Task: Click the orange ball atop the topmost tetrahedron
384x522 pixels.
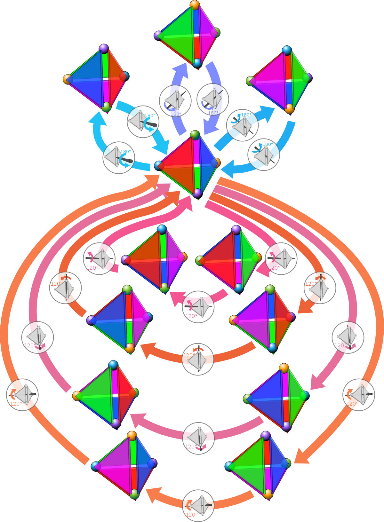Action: coord(195,5)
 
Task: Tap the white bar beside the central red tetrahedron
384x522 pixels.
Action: coord(212,189)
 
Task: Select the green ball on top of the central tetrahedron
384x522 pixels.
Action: coord(195,135)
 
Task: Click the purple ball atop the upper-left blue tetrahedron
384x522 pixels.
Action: coord(104,49)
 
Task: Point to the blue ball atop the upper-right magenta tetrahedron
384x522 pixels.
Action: coord(287,51)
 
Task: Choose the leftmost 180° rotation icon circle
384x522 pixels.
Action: coord(119,158)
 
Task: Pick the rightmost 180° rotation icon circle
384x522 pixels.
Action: coord(264,154)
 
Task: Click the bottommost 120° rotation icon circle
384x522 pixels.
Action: coord(198,505)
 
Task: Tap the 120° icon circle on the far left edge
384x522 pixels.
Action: coord(22,395)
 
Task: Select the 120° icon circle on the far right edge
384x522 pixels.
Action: coord(358,395)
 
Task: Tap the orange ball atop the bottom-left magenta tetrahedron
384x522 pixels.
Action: coord(132,435)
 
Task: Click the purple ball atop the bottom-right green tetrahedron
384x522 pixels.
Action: coord(266,435)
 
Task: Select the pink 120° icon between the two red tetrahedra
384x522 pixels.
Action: coord(198,307)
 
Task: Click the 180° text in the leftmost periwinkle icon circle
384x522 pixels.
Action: coord(176,114)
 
